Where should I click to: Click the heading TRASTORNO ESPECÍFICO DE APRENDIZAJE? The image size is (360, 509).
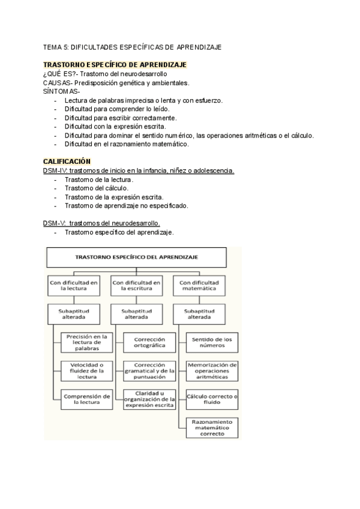pyautogui.click(x=115, y=65)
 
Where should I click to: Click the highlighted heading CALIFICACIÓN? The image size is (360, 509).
pyautogui.click(x=67, y=161)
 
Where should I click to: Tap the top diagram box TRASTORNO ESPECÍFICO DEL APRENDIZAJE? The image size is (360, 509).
pyautogui.click(x=137, y=256)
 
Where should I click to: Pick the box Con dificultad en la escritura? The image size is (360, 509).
pyautogui.click(x=137, y=285)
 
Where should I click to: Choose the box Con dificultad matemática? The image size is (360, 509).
pyautogui.click(x=200, y=285)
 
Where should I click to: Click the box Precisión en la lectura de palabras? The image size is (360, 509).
pyautogui.click(x=88, y=343)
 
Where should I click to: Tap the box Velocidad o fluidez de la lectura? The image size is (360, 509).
pyautogui.click(x=88, y=370)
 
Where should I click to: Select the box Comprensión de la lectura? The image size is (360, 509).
pyautogui.click(x=88, y=399)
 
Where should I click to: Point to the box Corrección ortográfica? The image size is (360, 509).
pyautogui.click(x=149, y=343)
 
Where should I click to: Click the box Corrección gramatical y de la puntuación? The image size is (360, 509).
pyautogui.click(x=149, y=370)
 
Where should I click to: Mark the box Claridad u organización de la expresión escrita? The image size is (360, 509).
pyautogui.click(x=149, y=399)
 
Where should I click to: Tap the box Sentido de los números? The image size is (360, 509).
pyautogui.click(x=212, y=343)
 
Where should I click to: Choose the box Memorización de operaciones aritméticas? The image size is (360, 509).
pyautogui.click(x=212, y=370)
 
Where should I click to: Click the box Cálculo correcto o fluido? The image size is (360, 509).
pyautogui.click(x=212, y=399)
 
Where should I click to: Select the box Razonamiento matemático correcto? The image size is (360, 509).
pyautogui.click(x=212, y=428)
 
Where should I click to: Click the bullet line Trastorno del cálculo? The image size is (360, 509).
pyautogui.click(x=96, y=188)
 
